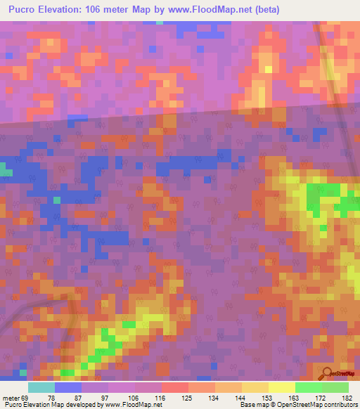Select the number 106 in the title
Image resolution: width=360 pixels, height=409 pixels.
pyautogui.click(x=101, y=10)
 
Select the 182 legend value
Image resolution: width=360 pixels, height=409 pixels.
pyautogui.click(x=342, y=398)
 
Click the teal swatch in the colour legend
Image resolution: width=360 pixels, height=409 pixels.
pyautogui.click(x=41, y=387)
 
